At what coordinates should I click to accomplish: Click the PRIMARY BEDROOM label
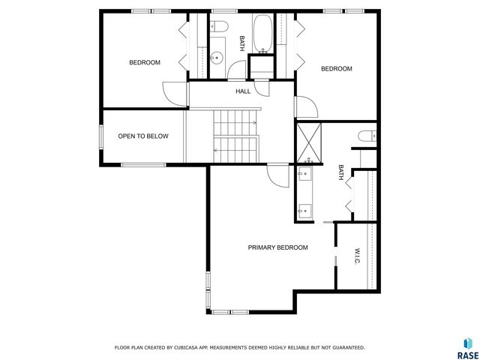point(277,247)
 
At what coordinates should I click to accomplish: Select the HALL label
point(243,91)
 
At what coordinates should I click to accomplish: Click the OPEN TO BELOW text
point(143,136)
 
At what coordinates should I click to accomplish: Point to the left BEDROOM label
point(145,62)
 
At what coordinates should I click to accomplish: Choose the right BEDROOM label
point(336,69)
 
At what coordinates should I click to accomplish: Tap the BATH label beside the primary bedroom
point(340,173)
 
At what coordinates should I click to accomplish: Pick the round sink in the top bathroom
point(217,55)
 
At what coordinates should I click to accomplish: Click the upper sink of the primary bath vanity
point(305,175)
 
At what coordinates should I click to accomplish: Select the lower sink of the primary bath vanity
point(305,210)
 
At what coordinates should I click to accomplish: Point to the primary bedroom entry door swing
point(276,177)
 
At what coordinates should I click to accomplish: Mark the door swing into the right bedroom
point(306,107)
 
